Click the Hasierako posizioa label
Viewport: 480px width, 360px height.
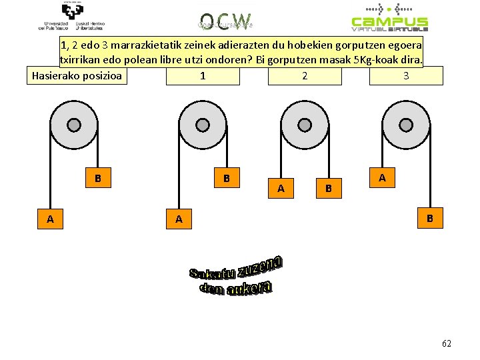pos(77,75)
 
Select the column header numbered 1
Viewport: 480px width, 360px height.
pos(202,75)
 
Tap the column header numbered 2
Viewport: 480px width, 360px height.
pos(305,75)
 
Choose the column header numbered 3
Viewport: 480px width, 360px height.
pos(406,75)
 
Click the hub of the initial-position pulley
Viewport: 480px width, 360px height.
pos(75,125)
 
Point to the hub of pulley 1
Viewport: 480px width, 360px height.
pos(203,125)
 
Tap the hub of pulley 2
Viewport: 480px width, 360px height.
pos(305,125)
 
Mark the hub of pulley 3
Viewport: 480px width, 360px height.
pos(406,125)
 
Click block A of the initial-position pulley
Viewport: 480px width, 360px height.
pos(51,219)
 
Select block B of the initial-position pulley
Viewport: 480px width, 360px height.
pos(98,179)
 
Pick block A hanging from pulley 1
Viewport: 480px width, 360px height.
pos(178,219)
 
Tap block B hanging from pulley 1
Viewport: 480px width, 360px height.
pos(227,179)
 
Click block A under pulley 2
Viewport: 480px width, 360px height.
pos(281,189)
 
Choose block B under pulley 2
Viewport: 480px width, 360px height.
pos(328,189)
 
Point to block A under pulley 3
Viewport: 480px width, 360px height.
pos(382,178)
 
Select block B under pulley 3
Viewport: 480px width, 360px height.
pos(430,218)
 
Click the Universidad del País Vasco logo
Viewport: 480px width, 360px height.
pos(71,16)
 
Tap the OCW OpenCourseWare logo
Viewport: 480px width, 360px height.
pos(225,19)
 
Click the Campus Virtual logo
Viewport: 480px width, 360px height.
pos(390,18)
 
